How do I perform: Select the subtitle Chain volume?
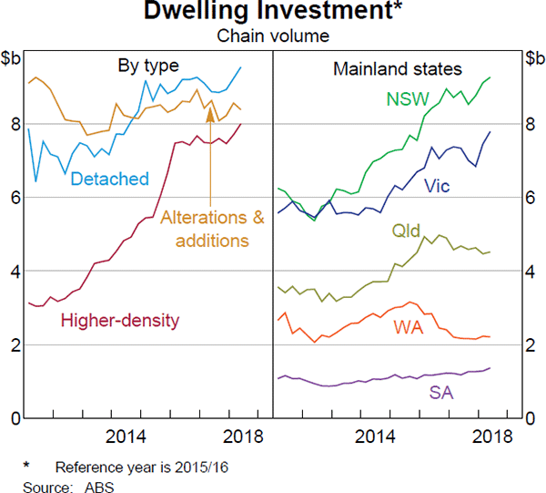pos(272,36)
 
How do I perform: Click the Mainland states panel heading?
pos(398,68)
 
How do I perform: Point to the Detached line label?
pos(109,178)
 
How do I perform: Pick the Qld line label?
pos(406,231)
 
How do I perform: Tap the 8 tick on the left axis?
pos(15,124)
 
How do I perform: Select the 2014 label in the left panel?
pos(132,435)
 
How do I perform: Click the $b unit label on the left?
pos(14,60)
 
